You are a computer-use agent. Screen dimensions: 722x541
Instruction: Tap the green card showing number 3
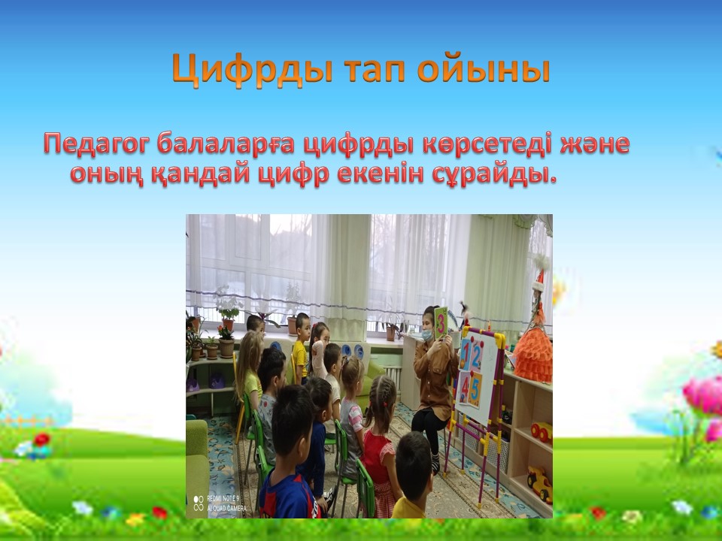point(441,323)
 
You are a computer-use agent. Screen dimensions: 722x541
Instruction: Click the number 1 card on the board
point(466,354)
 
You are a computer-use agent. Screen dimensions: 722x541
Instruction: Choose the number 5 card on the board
point(475,389)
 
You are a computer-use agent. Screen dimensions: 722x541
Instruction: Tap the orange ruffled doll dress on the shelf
point(532,355)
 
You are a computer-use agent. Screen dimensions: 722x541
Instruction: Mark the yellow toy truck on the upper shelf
point(541,433)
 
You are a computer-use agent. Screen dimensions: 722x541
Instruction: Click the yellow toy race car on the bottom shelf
point(540,483)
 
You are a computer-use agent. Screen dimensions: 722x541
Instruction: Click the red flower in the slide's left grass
point(41,440)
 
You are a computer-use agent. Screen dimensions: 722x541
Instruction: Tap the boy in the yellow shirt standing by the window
point(301,347)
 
